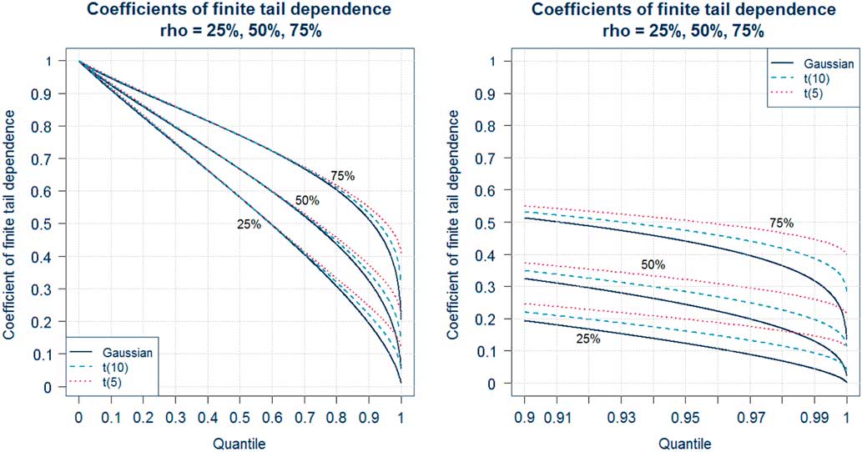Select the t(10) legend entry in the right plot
point(817,80)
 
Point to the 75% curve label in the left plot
point(343,176)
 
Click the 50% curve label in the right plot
point(653,264)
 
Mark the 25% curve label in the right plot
point(588,339)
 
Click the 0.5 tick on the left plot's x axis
point(239,413)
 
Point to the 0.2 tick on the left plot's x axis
point(143,413)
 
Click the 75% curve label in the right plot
point(781,223)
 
